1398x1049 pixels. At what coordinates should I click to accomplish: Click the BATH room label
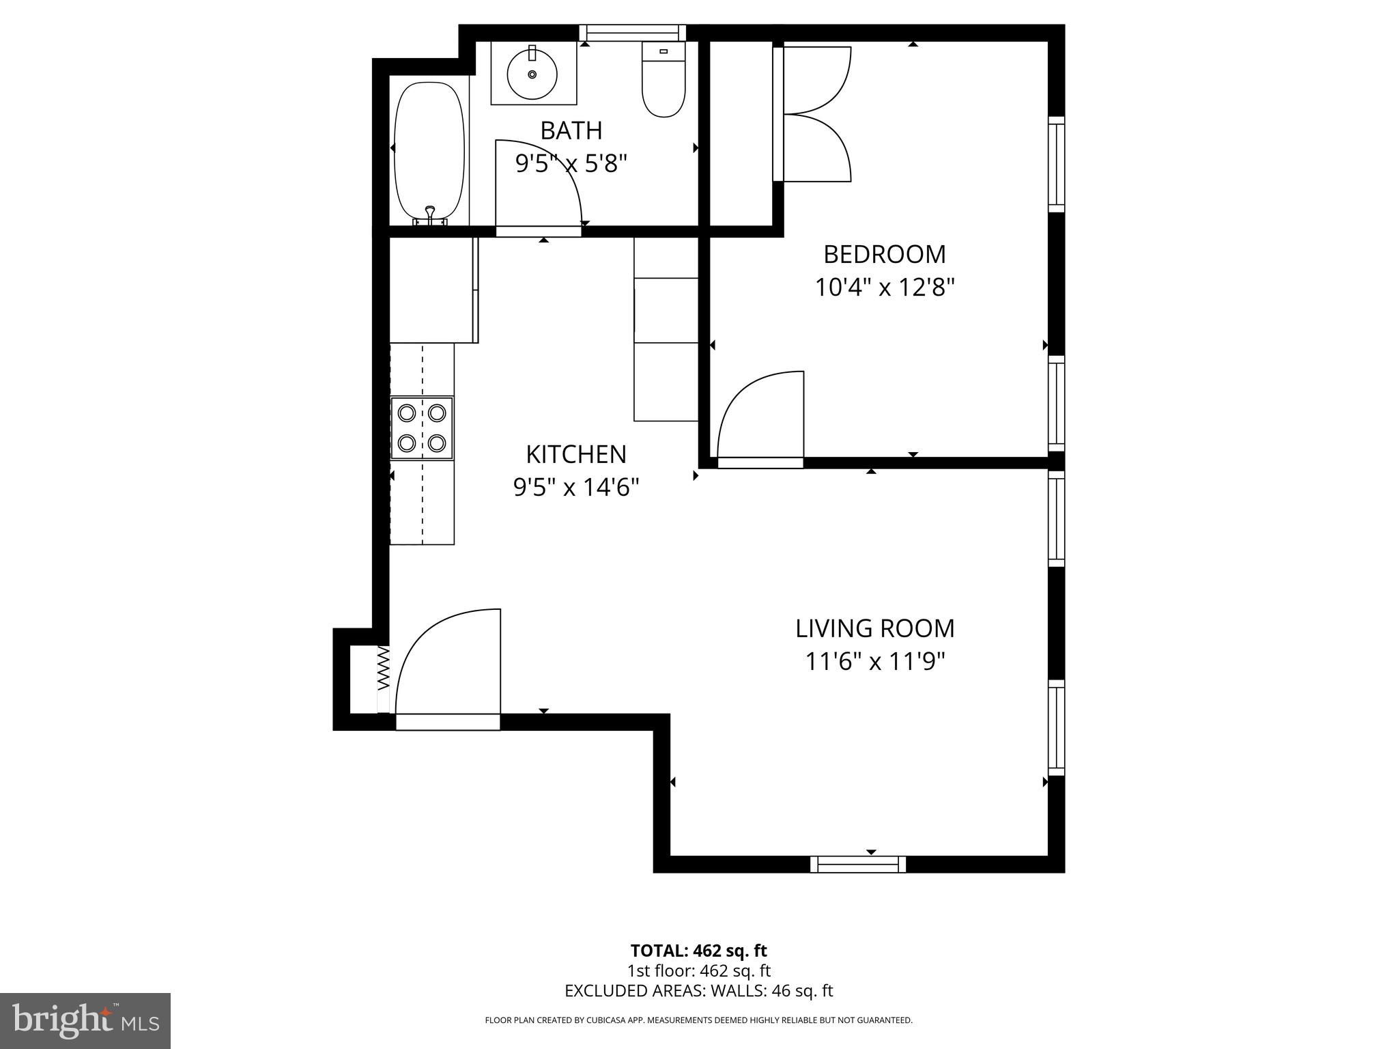coord(571,130)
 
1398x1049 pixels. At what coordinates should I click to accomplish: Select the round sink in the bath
coord(532,74)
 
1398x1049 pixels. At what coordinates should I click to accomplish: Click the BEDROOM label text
coord(884,254)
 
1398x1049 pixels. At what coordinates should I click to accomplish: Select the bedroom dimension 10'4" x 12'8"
coord(884,288)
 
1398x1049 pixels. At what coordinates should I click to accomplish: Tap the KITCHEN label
coord(575,454)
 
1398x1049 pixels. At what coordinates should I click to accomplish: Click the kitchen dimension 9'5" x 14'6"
coord(575,488)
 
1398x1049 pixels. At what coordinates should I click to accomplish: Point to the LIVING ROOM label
coord(874,628)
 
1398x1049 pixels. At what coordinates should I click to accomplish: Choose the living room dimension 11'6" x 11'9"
coord(874,662)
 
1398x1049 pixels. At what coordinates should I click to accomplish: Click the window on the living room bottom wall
coord(858,865)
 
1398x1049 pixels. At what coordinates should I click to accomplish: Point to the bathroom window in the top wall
coord(633,33)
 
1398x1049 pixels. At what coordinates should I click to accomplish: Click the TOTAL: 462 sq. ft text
coord(698,951)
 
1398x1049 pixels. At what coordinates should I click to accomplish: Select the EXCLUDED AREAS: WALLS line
coord(698,991)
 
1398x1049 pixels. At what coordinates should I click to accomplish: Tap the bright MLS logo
coord(85,1020)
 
